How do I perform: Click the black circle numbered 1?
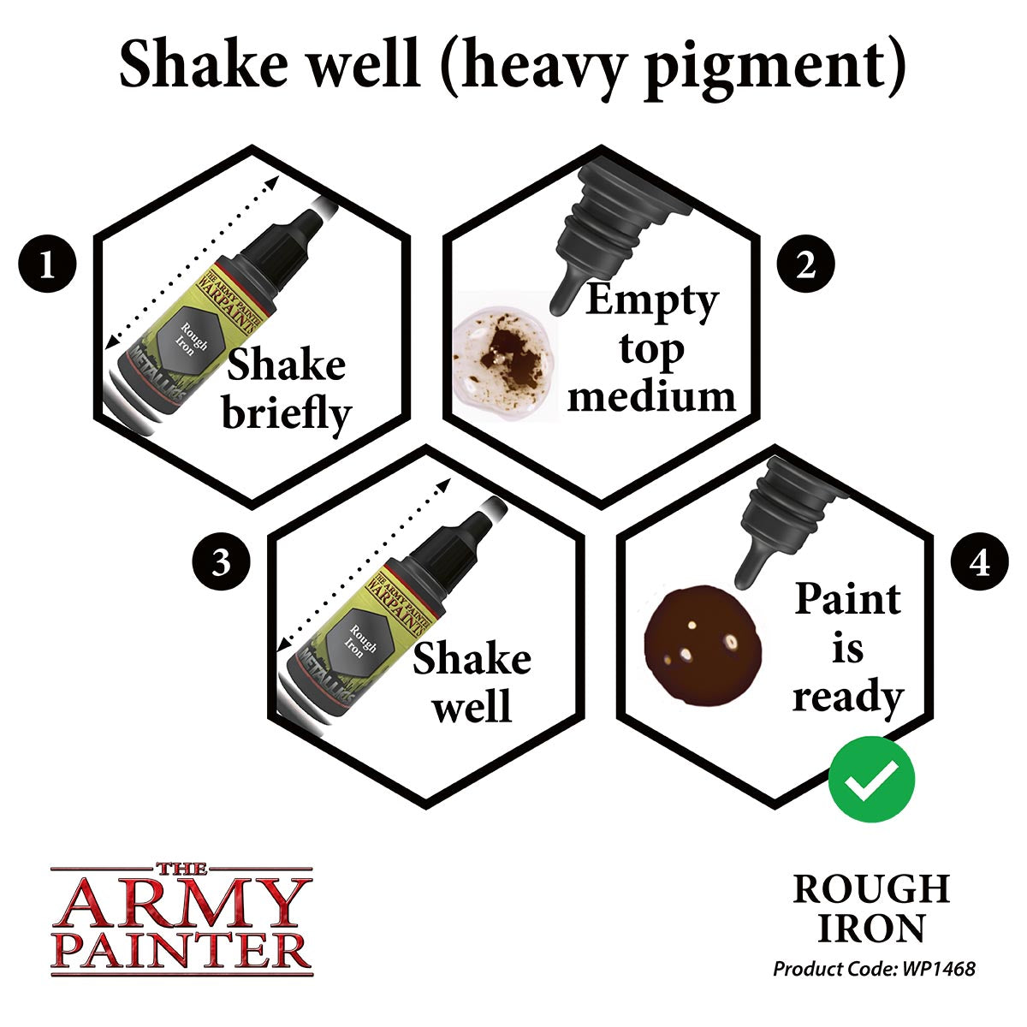point(47,267)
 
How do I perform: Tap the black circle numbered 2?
point(806,267)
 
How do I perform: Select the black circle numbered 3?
point(221,565)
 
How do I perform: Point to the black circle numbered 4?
point(981,565)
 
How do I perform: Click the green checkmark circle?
point(871,779)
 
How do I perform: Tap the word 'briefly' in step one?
point(286,414)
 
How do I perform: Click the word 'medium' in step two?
point(651,397)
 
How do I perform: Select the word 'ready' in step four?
point(847,697)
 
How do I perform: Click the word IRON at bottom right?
point(870,929)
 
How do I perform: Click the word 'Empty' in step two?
point(651,301)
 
